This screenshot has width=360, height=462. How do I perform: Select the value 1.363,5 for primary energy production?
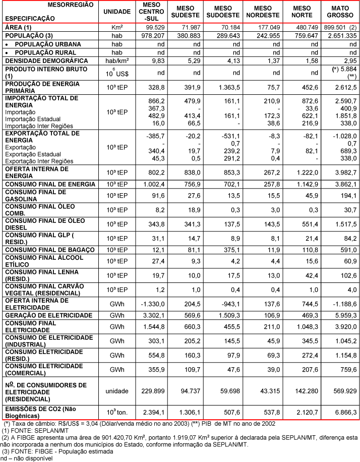[229, 87]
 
